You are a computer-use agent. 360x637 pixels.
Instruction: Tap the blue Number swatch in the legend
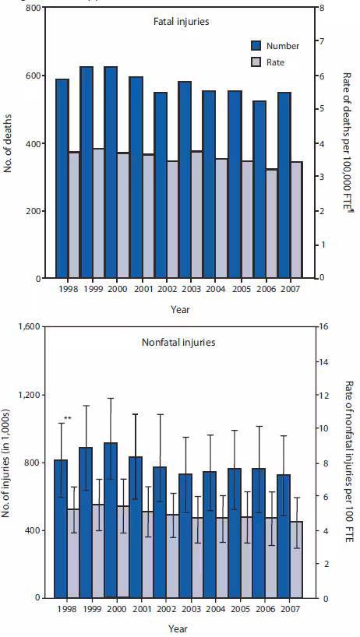click(258, 46)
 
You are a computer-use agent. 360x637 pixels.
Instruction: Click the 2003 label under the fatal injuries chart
click(183, 289)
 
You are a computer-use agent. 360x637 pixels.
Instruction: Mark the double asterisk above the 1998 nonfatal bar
click(68, 420)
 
